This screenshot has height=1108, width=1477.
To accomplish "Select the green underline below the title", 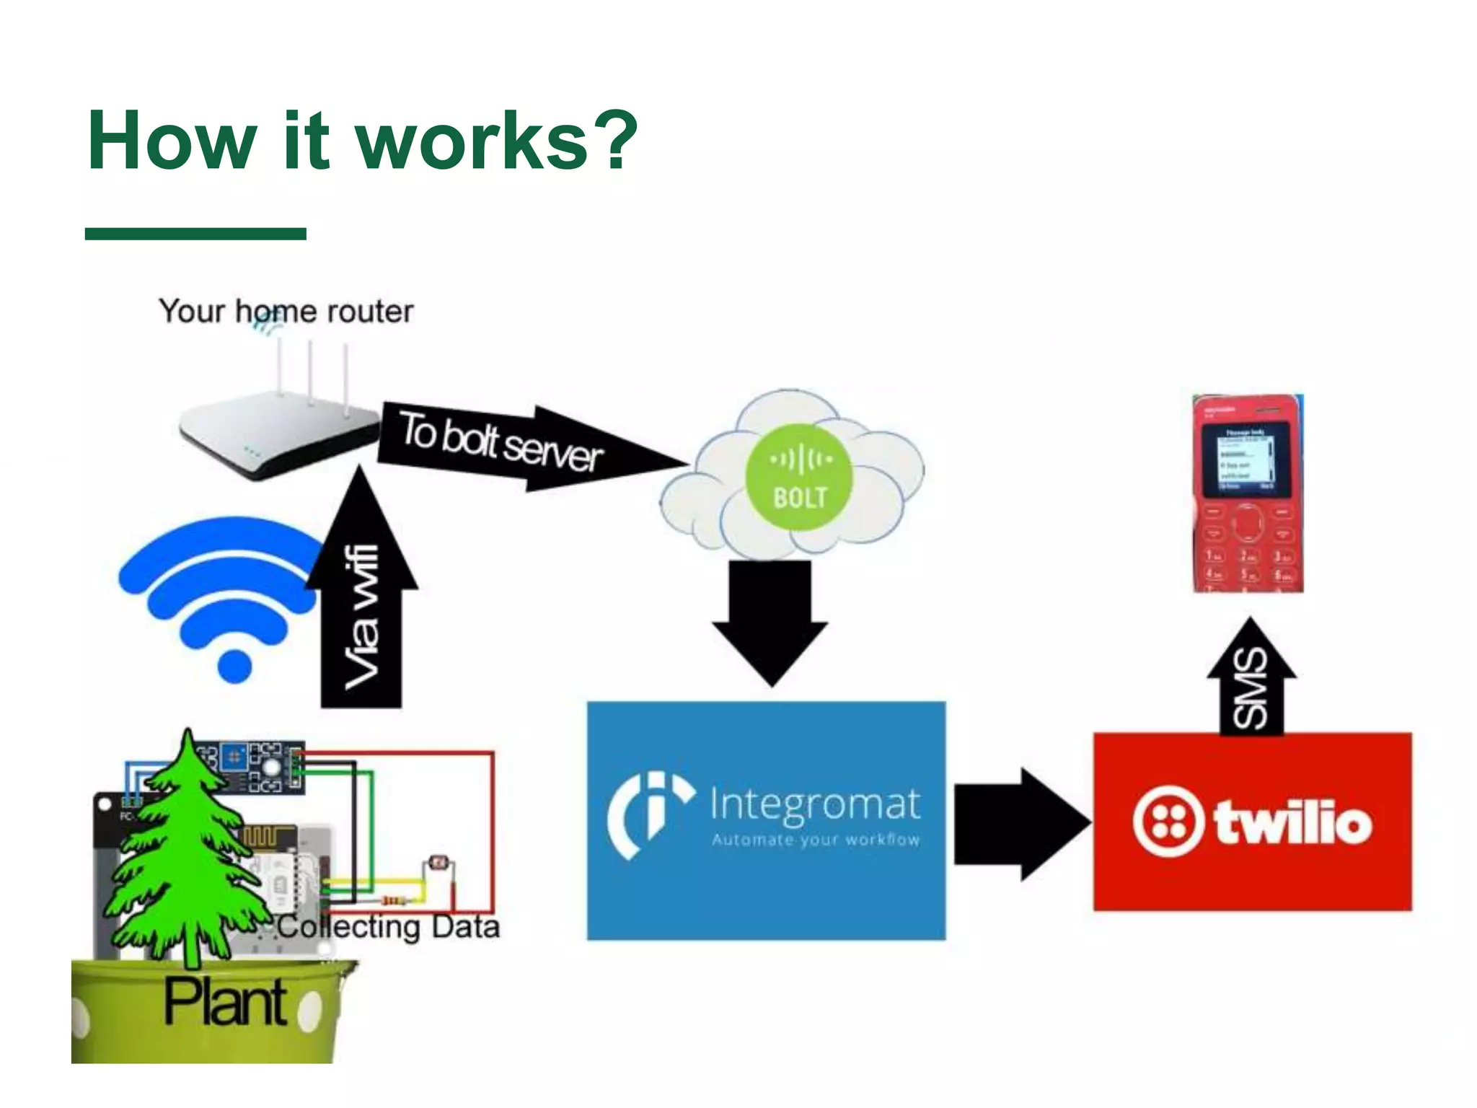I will (195, 233).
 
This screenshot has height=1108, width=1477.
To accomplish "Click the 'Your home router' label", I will (286, 312).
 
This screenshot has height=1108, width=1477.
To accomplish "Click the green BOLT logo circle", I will (799, 477).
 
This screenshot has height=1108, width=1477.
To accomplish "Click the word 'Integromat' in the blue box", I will (815, 804).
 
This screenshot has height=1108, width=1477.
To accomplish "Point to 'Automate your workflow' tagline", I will (816, 840).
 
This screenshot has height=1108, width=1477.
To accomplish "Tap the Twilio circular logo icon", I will (1168, 823).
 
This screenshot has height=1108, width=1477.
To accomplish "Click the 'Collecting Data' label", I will (389, 927).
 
